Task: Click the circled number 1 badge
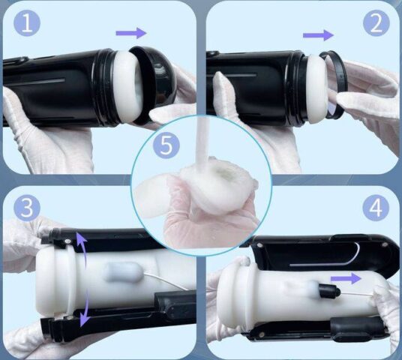(x=27, y=23)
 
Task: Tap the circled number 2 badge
(x=376, y=23)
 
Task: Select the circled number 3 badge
(x=27, y=208)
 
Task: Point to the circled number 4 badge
(x=376, y=208)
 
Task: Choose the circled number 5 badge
(x=166, y=145)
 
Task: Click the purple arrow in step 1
(x=131, y=33)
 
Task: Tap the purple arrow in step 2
(x=319, y=35)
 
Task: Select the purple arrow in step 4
(x=346, y=278)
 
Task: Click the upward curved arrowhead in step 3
(x=81, y=237)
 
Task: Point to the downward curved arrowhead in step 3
(x=84, y=319)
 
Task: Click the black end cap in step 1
(x=154, y=85)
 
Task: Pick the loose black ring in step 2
(x=334, y=85)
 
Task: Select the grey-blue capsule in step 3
(x=123, y=272)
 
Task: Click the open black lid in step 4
(x=323, y=253)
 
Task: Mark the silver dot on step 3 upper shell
(x=67, y=241)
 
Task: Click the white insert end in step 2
(x=317, y=88)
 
